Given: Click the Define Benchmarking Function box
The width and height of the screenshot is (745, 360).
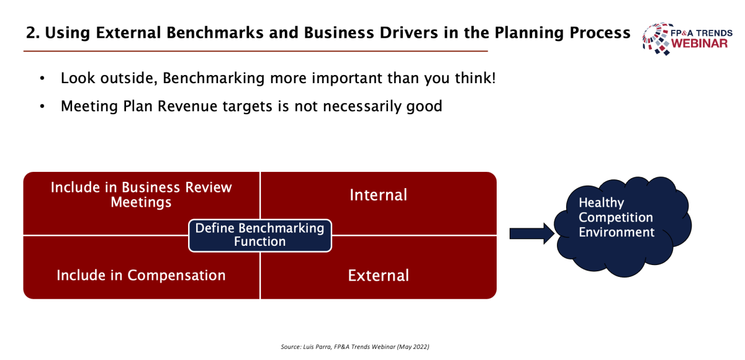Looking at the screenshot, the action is [260, 235].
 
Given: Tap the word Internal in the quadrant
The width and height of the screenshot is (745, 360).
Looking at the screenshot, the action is [378, 195].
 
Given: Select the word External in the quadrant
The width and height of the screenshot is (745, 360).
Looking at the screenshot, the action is [379, 276].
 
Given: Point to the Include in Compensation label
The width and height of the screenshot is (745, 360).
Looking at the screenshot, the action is [141, 276].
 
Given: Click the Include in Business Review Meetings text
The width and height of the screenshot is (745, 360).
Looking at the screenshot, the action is [141, 195].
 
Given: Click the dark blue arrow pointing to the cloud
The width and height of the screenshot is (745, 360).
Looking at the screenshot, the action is [532, 233].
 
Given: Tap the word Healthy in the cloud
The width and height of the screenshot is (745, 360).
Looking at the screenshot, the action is [602, 203].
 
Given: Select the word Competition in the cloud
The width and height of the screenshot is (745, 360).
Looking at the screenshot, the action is [616, 217].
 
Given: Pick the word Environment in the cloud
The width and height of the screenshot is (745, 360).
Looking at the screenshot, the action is [616, 232].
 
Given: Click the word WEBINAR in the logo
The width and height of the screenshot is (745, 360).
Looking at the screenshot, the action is [699, 43].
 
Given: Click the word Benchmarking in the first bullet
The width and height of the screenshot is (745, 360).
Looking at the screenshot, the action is [214, 78].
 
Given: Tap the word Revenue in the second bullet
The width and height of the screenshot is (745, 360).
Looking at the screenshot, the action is [187, 106].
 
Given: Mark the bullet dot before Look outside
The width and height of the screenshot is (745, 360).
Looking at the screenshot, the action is [42, 79].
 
